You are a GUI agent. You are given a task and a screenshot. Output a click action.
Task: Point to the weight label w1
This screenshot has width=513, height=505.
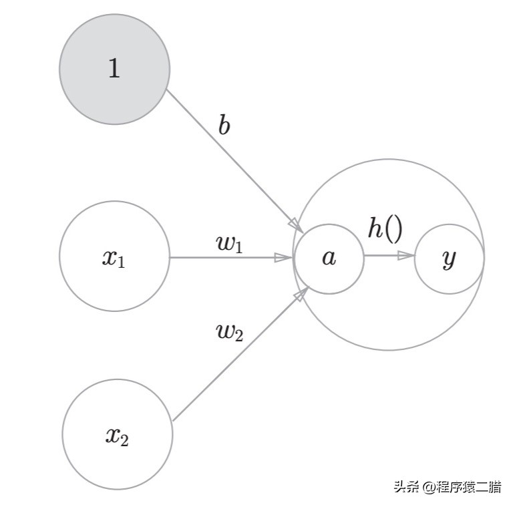point(230,243)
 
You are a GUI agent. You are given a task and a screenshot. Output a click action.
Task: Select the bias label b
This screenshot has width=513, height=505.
point(224,125)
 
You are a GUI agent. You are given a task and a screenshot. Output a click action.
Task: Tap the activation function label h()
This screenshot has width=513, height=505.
point(385,228)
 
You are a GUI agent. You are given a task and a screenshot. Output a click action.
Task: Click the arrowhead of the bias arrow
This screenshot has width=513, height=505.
point(295,222)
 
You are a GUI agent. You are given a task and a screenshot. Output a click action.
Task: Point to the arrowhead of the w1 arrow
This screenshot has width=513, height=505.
point(284,257)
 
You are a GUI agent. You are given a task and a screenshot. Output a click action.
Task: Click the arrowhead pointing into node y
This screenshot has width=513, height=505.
point(406,255)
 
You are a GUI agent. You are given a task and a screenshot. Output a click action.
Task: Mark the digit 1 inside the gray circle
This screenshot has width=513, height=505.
point(114,68)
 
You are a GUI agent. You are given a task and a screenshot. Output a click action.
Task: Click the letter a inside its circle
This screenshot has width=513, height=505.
point(329,258)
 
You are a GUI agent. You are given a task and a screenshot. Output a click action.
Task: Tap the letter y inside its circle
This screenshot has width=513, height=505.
point(449,259)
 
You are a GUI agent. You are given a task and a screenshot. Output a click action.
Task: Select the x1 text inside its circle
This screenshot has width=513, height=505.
point(114,259)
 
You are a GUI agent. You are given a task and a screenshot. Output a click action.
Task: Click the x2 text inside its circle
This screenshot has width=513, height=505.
point(116,436)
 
